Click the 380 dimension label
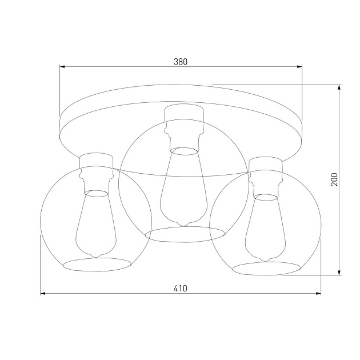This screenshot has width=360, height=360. tap(181, 62)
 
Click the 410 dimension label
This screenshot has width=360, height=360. tap(181, 289)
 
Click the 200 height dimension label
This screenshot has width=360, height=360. tap(334, 179)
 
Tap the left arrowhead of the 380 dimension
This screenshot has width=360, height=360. tap(62, 67)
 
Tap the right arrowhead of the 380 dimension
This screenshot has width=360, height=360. tap(299, 67)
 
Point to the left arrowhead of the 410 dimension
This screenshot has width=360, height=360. tap(43, 293)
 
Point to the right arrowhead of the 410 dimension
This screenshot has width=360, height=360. tap(318, 293)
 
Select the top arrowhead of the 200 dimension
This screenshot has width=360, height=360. tap(339, 87)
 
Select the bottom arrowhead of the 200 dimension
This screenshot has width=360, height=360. tap(339, 273)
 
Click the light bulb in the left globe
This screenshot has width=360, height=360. tap(96, 223)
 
